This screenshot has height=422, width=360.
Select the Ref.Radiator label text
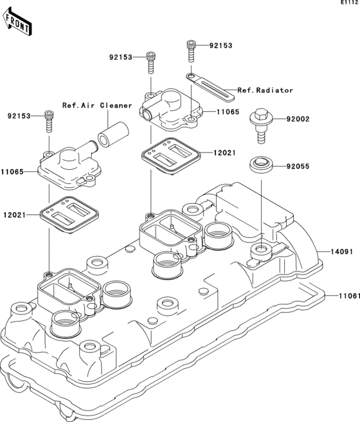(x=265, y=90)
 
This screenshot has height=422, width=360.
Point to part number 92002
(x=298, y=119)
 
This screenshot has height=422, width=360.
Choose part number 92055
(x=298, y=166)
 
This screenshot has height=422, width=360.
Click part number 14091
(x=343, y=252)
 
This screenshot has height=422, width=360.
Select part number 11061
(x=344, y=296)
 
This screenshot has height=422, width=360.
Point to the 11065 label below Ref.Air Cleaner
(x=14, y=172)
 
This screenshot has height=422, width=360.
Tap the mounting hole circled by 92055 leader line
(x=261, y=248)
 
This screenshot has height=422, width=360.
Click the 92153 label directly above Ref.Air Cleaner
(x=120, y=57)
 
